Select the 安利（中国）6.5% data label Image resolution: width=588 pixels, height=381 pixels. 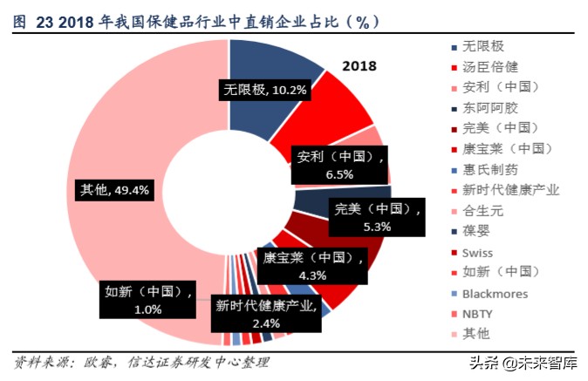pyautogui.click(x=338, y=165)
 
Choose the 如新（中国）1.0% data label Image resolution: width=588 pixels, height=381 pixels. pyautogui.click(x=147, y=299)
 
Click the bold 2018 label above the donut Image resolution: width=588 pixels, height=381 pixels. pyautogui.click(x=359, y=65)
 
